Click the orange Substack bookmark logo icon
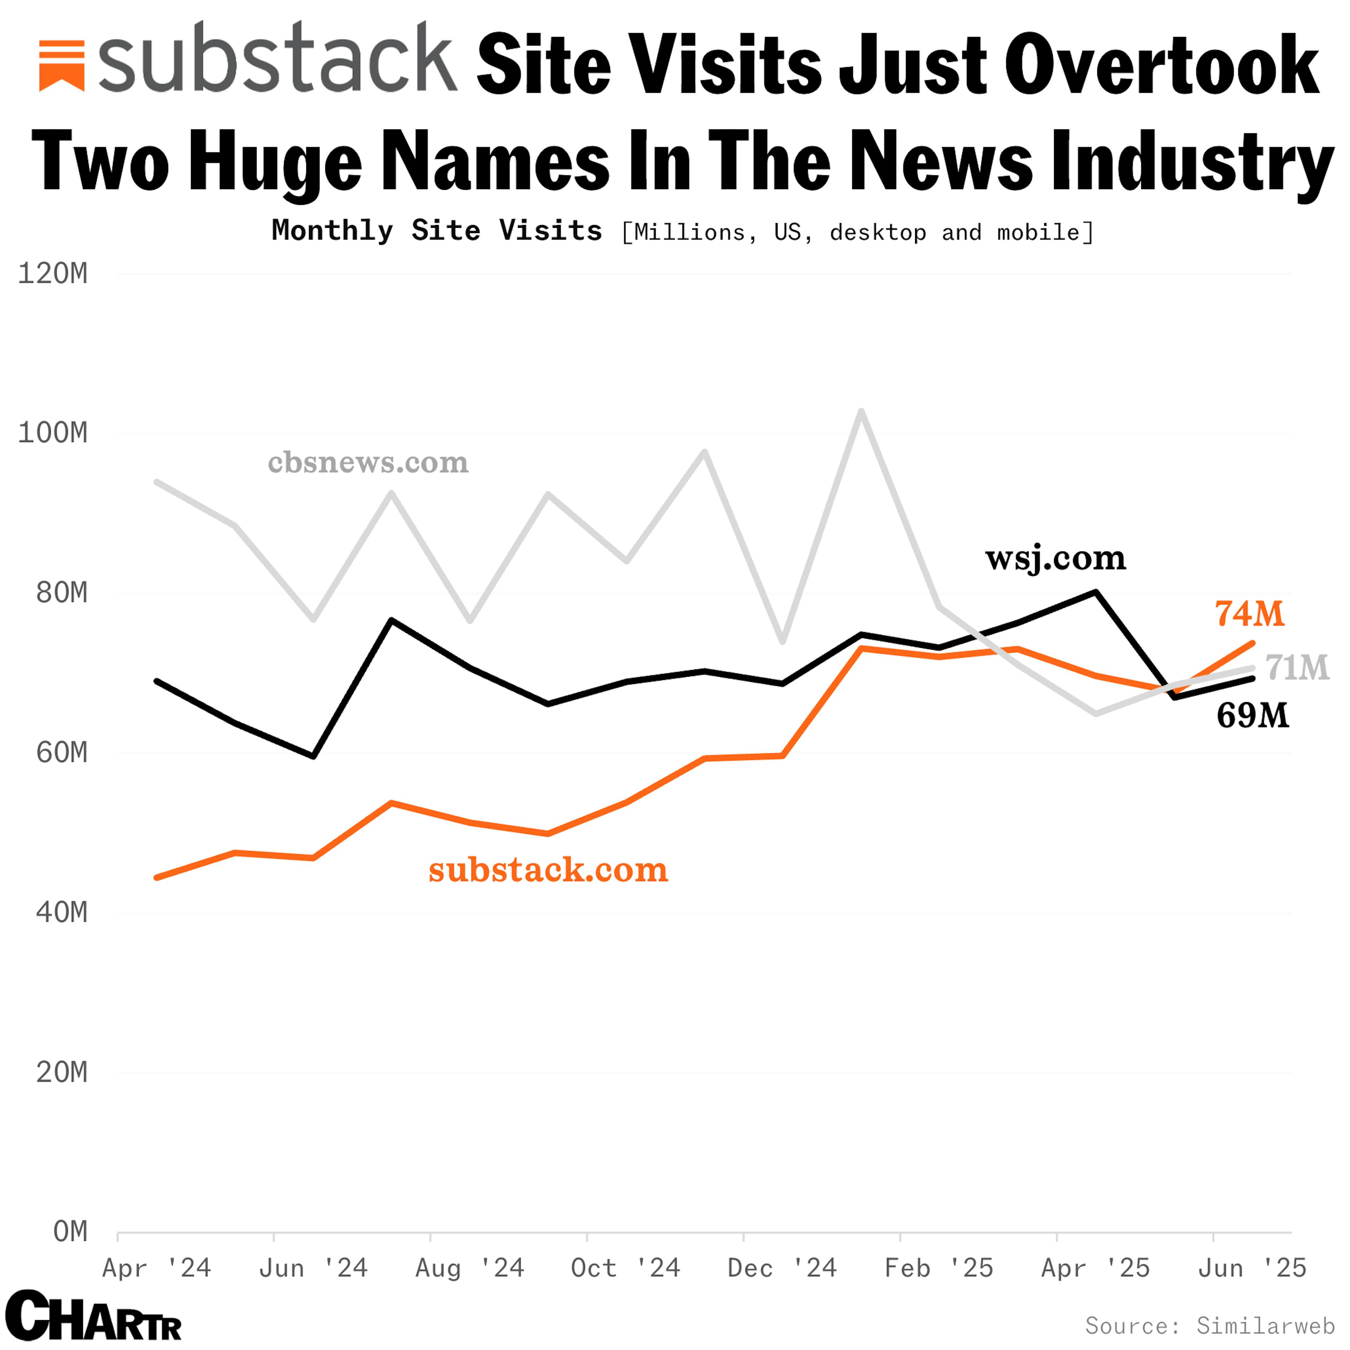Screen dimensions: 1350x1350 pyautogui.click(x=62, y=66)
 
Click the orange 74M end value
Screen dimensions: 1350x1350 pyautogui.click(x=1249, y=614)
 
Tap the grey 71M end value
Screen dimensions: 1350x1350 pyautogui.click(x=1297, y=668)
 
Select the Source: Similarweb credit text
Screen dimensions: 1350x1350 pyautogui.click(x=1209, y=1325)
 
